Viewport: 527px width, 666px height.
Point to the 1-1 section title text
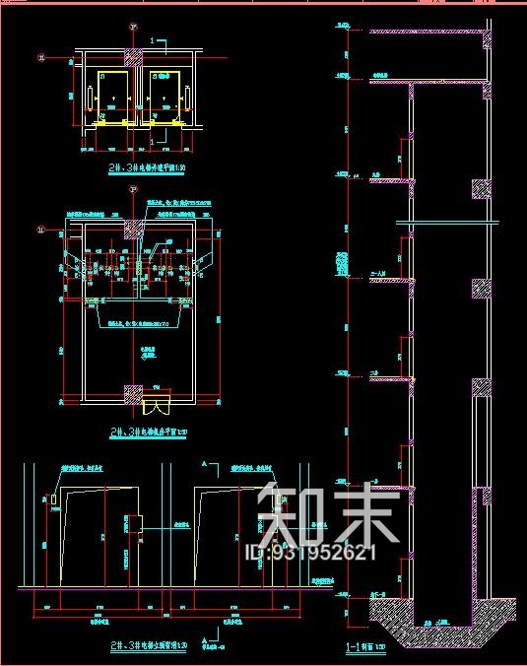point(365,648)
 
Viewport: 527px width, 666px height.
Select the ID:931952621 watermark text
point(310,553)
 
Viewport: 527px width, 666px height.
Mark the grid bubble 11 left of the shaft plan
point(40,57)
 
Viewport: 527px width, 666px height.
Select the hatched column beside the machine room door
point(132,393)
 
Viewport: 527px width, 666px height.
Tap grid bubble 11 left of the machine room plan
point(41,230)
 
